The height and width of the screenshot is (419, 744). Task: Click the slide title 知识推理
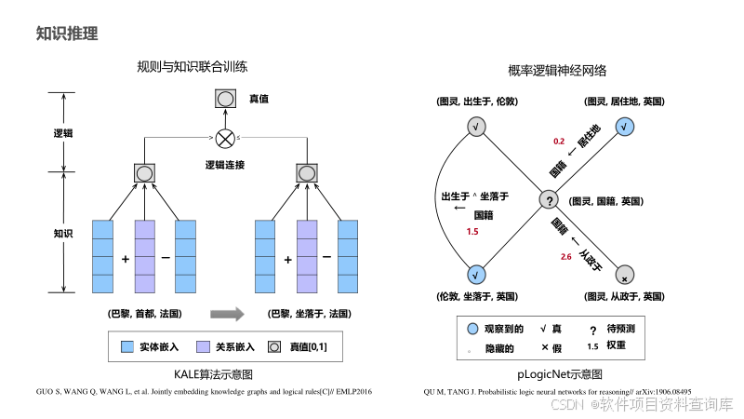pyautogui.click(x=66, y=34)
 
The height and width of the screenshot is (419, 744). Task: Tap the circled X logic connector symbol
pyautogui.click(x=225, y=140)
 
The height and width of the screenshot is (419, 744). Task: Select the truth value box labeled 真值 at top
pyautogui.click(x=225, y=98)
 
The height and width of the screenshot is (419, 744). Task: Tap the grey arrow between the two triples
pyautogui.click(x=228, y=314)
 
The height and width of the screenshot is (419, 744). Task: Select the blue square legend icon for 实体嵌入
pyautogui.click(x=128, y=347)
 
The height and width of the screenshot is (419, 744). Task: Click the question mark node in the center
pyautogui.click(x=549, y=200)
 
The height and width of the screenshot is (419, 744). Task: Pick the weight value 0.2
pyautogui.click(x=559, y=141)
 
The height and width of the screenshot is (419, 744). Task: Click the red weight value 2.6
pyautogui.click(x=565, y=256)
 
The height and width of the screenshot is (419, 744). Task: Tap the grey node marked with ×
pyautogui.click(x=624, y=277)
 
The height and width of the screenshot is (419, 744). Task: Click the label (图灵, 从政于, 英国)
pyautogui.click(x=624, y=296)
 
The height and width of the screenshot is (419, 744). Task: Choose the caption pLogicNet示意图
pyautogui.click(x=557, y=372)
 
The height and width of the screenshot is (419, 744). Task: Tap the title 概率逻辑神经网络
pyautogui.click(x=557, y=70)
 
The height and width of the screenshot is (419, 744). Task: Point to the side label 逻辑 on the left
pyautogui.click(x=62, y=132)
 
